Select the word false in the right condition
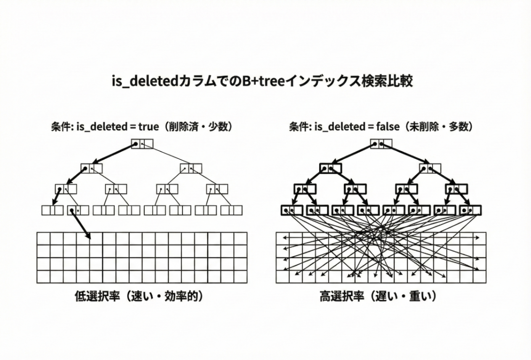click(387, 127)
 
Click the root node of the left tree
click(142, 144)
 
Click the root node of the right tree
click(381, 144)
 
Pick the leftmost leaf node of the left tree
click(53, 210)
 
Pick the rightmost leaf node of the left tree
click(231, 210)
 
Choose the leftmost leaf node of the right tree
click(292, 210)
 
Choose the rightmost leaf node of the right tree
click(470, 210)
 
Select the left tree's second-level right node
click(191, 168)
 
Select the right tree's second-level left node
click(330, 168)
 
